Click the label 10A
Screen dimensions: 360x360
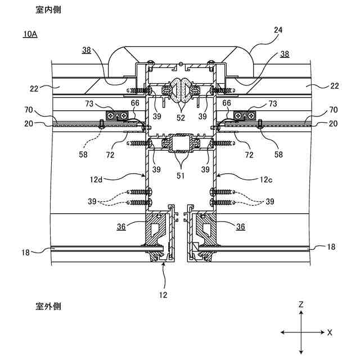(30, 34)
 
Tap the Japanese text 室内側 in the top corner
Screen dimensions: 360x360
(48, 10)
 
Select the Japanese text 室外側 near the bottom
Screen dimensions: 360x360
(48, 306)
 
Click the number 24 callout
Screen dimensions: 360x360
(278, 30)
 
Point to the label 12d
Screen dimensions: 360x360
(96, 179)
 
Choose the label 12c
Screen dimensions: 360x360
(266, 179)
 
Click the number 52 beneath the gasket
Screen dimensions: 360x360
(181, 118)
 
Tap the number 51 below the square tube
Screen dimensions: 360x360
(181, 175)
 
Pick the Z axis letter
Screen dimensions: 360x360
(301, 305)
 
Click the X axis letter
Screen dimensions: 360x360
(330, 332)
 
